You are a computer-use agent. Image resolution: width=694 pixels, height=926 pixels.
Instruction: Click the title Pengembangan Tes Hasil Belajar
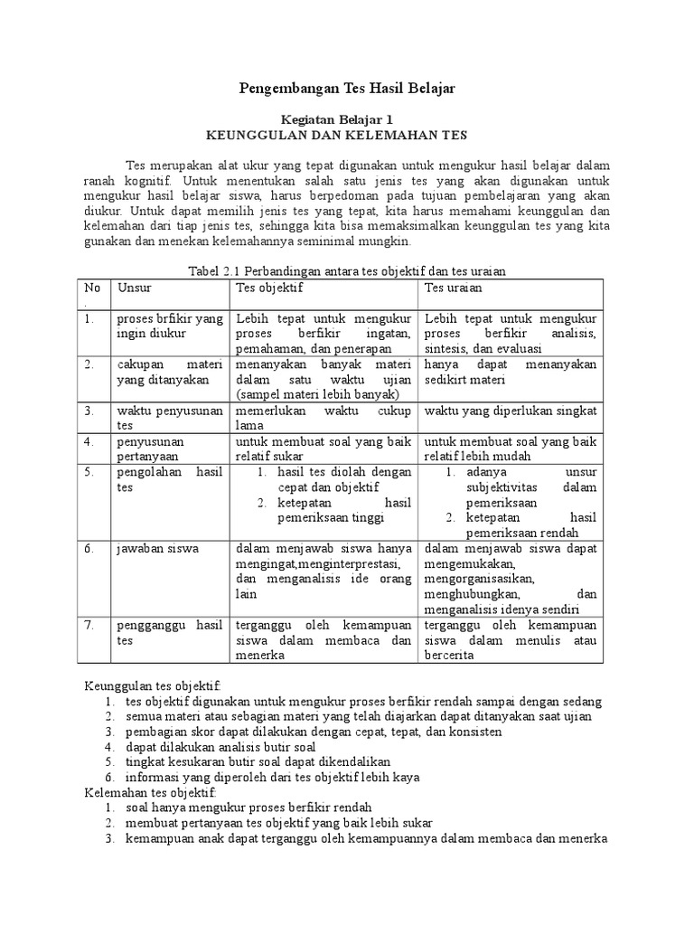tap(347, 88)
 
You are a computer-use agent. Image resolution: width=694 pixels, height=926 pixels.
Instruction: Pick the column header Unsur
tap(133, 288)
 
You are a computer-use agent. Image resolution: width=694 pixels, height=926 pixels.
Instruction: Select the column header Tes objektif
tap(268, 288)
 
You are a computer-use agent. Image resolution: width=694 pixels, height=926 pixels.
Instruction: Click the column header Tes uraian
tap(453, 288)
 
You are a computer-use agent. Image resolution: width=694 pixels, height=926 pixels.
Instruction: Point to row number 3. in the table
tap(89, 411)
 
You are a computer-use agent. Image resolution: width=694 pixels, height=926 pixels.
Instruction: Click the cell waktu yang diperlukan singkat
tap(511, 411)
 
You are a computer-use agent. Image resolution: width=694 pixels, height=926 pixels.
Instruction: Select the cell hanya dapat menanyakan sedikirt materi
tap(511, 372)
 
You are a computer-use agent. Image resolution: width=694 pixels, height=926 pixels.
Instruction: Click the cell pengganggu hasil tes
tap(169, 632)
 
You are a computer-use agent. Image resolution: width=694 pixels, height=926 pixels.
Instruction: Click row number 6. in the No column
tap(89, 549)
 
